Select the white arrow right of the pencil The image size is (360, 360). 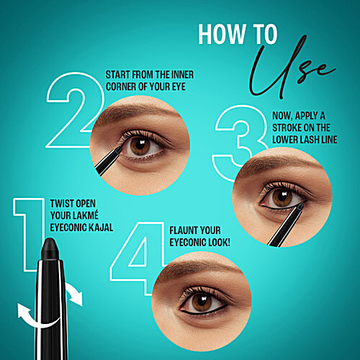tap(73, 293)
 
